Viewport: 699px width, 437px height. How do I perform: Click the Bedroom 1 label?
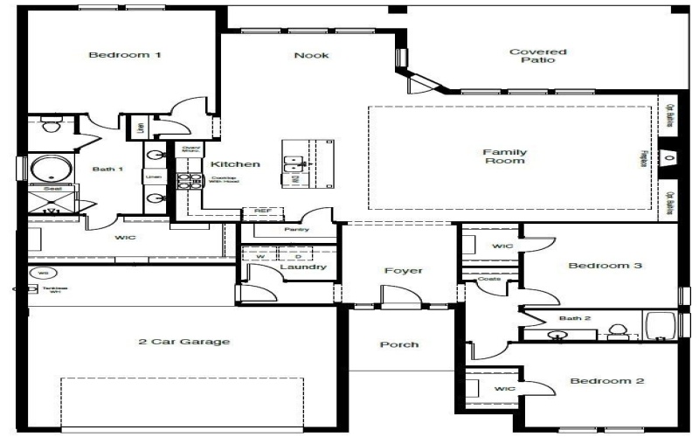[125, 55]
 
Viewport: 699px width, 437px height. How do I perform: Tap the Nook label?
[311, 55]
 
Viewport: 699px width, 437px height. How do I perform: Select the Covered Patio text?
[537, 57]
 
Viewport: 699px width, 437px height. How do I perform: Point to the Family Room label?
[504, 156]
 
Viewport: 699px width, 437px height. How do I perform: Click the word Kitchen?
[235, 164]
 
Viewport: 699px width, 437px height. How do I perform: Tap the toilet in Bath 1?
[49, 126]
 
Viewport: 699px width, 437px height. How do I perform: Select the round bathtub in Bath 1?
[44, 168]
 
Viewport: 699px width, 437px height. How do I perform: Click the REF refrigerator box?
[261, 211]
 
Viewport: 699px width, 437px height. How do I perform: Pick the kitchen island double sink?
[295, 163]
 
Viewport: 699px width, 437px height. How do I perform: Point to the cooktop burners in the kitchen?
[186, 182]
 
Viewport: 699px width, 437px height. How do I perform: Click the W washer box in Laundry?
[260, 256]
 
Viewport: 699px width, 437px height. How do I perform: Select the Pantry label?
[297, 230]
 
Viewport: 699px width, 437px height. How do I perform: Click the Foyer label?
[403, 271]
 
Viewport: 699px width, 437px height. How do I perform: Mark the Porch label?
[398, 344]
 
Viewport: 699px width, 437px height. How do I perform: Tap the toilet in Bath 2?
[617, 329]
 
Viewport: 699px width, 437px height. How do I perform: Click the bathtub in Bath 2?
[660, 325]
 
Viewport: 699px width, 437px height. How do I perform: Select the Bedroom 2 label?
[607, 381]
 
